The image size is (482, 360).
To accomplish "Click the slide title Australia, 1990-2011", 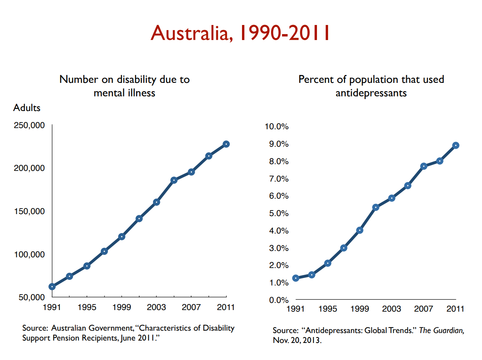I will (x=240, y=33).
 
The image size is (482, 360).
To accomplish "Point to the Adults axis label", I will (x=27, y=107).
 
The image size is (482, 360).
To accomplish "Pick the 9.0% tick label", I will (x=279, y=144).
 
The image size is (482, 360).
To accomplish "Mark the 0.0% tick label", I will (x=279, y=300).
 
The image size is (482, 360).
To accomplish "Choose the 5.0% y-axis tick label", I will (x=279, y=213).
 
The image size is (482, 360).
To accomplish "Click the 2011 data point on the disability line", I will (x=226, y=144).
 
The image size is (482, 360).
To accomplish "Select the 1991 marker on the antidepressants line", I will (x=296, y=278).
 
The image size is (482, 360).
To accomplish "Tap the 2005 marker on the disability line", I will (x=174, y=180).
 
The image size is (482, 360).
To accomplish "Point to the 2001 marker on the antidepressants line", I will (x=376, y=207).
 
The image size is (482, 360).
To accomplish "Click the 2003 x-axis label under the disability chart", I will (x=156, y=307).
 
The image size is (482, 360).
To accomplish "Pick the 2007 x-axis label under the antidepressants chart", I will (x=423, y=309).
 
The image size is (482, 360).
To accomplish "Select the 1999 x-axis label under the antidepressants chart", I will (x=359, y=309).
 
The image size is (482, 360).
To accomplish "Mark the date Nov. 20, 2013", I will (x=297, y=341).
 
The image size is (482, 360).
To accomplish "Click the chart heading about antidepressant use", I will (x=371, y=86).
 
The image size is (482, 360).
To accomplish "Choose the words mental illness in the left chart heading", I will (x=124, y=93).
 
